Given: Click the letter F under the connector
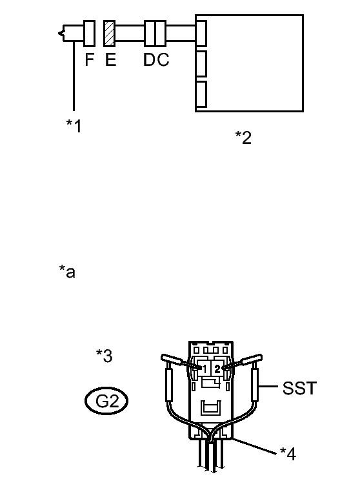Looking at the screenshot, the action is click(90, 59).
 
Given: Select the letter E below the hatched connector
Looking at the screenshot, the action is click(110, 59).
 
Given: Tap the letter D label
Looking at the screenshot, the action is click(149, 59).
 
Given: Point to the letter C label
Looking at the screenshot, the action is click(163, 59).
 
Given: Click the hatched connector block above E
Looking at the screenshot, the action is click(110, 34).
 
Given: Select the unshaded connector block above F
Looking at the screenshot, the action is click(89, 34).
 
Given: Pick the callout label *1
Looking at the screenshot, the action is click(74, 126).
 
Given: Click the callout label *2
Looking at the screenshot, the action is click(243, 138).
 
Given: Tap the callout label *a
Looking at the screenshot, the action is click(67, 271).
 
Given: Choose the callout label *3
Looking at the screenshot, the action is click(105, 356).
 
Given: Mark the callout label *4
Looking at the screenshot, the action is click(288, 454).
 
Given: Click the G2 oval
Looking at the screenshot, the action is click(106, 401).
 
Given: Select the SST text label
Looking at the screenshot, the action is click(299, 388).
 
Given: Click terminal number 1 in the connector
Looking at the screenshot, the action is click(205, 369).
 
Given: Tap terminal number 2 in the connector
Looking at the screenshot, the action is click(217, 369).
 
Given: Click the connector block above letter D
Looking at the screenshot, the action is click(150, 34).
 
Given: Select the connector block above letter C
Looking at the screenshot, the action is click(161, 34).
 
